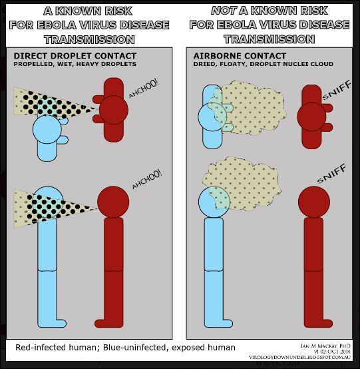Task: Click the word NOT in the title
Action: click(x=224, y=11)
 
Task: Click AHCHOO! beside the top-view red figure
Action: click(x=144, y=89)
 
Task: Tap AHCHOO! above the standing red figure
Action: click(x=147, y=179)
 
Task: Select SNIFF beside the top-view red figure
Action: click(x=337, y=90)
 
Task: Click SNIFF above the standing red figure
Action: click(x=331, y=174)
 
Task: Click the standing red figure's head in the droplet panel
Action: click(x=113, y=202)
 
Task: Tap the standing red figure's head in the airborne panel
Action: click(x=314, y=202)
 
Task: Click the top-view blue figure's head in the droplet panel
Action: click(x=47, y=129)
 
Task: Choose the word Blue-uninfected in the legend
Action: click(x=135, y=347)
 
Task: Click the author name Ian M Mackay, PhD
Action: click(x=325, y=346)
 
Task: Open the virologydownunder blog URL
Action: click(x=300, y=358)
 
